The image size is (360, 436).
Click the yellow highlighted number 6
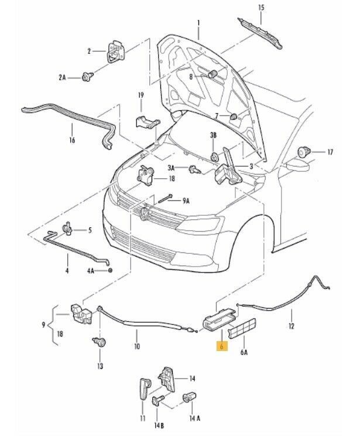click(221, 347)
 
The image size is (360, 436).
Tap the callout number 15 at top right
click(261, 7)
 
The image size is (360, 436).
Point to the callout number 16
click(72, 141)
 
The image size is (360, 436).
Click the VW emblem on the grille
click(144, 215)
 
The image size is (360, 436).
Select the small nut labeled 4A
click(109, 270)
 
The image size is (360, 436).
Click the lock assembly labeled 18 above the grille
click(145, 174)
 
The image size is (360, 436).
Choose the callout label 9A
click(186, 200)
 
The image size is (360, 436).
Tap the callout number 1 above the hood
click(198, 23)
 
